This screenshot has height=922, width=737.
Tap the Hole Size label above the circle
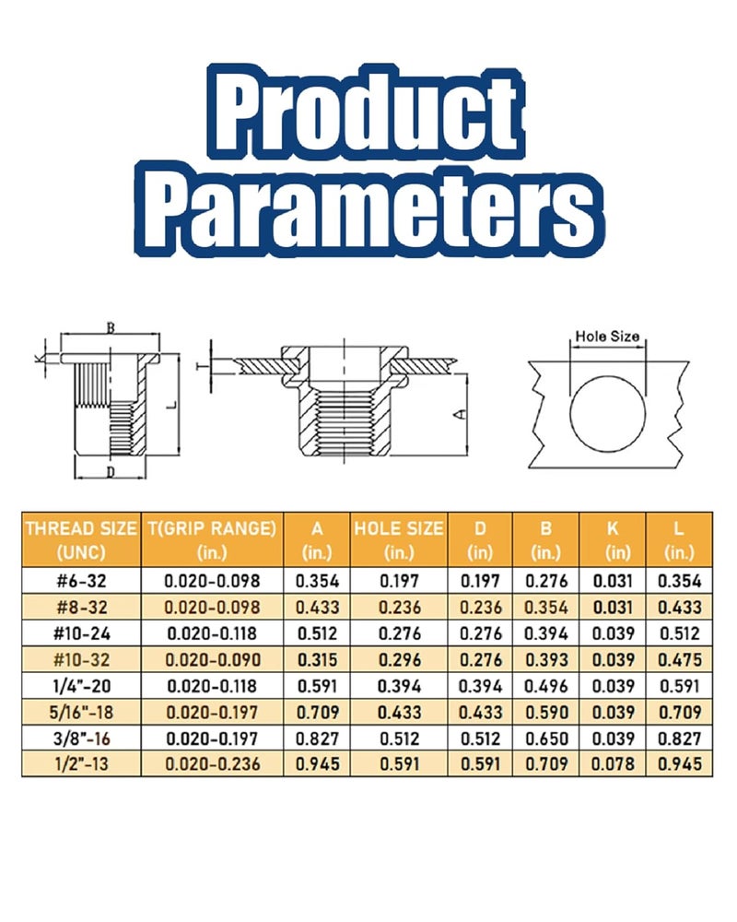(607, 337)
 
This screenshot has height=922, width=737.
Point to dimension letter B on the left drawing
(111, 327)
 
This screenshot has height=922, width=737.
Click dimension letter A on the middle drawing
(462, 414)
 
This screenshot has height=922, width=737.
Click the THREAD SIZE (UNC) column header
(81, 539)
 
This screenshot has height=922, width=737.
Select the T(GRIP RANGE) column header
(212, 539)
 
